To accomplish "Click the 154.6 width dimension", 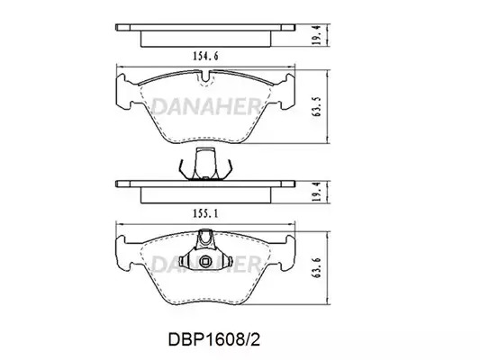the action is coord(205,57).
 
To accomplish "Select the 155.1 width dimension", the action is coord(205,214).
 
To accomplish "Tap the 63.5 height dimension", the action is coord(316,107).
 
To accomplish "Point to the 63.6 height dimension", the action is coord(316,267).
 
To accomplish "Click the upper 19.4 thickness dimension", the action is coord(316,35).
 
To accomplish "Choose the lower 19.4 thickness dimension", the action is coord(316,192).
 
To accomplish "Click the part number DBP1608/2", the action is coord(214,339).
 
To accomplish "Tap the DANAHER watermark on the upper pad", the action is coord(206,107).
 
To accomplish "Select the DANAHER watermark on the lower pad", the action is coord(206,265).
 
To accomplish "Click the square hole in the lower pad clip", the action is coord(204,261).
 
